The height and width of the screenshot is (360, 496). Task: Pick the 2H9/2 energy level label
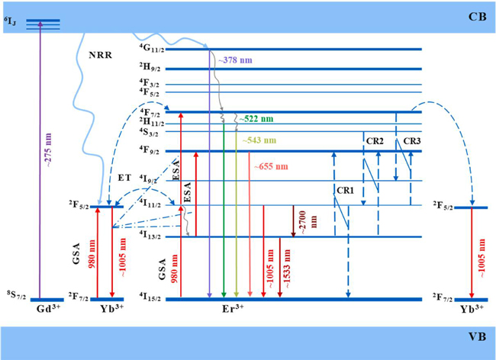pyautogui.click(x=151, y=69)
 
